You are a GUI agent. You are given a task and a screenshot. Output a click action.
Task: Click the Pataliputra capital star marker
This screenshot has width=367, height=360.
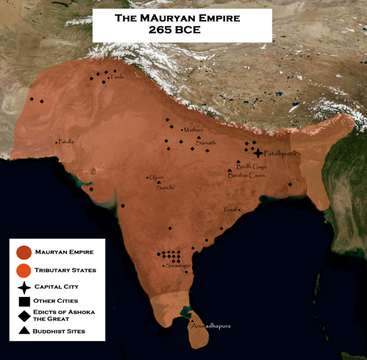coord(259,153)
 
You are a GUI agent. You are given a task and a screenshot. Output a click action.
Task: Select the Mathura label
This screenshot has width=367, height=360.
coord(193,130)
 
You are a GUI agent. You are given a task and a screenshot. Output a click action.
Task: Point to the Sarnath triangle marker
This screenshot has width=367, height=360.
coord(198,138)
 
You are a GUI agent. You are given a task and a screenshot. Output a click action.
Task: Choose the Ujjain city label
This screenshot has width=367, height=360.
coord(157,177)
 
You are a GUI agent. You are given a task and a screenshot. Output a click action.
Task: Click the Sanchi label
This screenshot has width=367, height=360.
coord(165,187)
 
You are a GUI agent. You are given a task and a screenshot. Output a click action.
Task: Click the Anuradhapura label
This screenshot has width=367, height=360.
coord(212,326)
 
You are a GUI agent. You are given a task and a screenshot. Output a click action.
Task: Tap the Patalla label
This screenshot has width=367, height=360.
coord(66,142)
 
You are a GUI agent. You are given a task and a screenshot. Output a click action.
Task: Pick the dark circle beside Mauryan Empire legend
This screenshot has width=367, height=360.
coord(24,252)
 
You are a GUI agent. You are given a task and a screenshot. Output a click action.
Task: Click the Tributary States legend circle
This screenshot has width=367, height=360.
coord(24,270)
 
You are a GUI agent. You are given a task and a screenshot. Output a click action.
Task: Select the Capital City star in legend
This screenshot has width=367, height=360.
coord(24,287)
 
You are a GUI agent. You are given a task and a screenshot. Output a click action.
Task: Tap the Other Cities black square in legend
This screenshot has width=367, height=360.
coord(24,301)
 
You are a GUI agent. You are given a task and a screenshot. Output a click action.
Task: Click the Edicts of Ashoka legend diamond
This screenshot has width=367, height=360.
coord(24,315)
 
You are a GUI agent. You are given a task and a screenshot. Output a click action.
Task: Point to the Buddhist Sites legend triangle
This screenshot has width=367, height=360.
coord(24,331)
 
